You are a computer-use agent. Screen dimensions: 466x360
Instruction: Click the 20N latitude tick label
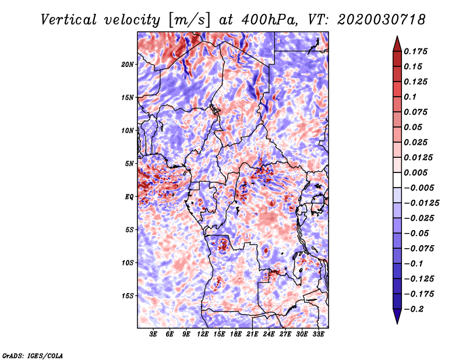pyautogui.click(x=127, y=64)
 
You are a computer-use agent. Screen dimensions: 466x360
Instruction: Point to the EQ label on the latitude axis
pyautogui.click(x=129, y=197)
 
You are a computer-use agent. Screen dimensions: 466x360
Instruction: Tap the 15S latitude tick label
pyautogui.click(x=128, y=296)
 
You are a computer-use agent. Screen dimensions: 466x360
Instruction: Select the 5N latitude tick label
pyautogui.click(x=129, y=164)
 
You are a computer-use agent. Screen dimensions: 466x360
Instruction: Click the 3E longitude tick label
pyautogui.click(x=153, y=334)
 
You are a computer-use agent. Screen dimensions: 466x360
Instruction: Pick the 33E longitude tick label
pyautogui.click(x=318, y=334)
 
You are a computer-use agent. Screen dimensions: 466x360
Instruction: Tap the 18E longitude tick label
pyautogui.click(x=236, y=334)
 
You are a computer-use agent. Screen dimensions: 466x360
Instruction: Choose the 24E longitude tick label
pyautogui.click(x=269, y=334)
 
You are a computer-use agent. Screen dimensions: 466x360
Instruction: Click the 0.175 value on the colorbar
pyautogui.click(x=415, y=51)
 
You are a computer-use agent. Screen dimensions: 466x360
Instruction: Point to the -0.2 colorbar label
pyautogui.click(x=414, y=309)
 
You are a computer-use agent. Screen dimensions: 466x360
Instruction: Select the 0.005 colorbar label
pyautogui.click(x=415, y=172)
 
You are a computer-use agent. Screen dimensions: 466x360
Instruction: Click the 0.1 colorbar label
pyautogui.click(x=410, y=97)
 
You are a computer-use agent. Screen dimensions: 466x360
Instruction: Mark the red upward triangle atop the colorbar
pyautogui.click(x=397, y=44)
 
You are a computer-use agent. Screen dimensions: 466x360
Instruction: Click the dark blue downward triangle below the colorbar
pyautogui.click(x=397, y=316)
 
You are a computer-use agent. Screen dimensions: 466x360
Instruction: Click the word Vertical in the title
pyautogui.click(x=69, y=20)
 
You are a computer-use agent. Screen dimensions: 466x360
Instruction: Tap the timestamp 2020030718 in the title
pyautogui.click(x=382, y=20)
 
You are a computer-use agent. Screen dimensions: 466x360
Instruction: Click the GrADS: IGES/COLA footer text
pyautogui.click(x=33, y=355)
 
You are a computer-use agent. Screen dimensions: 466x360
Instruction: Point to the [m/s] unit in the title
pyautogui.click(x=189, y=20)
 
